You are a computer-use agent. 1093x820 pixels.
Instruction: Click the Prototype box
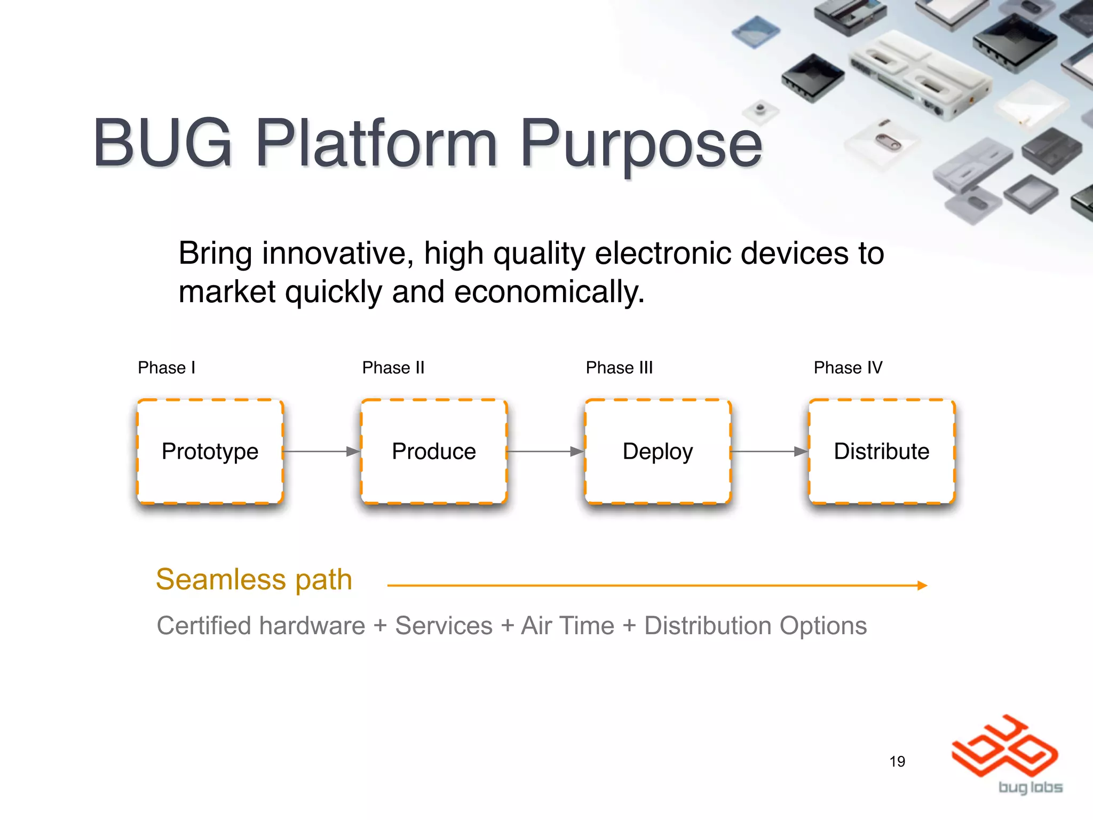(x=210, y=452)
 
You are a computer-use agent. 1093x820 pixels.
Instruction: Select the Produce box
(x=433, y=452)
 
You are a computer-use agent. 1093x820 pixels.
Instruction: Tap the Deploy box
(x=658, y=452)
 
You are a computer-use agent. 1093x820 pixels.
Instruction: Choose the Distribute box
(x=881, y=452)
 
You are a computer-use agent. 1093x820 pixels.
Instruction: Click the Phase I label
(x=167, y=368)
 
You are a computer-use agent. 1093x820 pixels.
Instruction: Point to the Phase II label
(x=393, y=368)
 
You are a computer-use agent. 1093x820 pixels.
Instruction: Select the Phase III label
(x=619, y=368)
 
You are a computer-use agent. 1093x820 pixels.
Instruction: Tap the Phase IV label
(x=848, y=368)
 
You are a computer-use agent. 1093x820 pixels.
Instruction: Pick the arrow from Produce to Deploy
(x=545, y=452)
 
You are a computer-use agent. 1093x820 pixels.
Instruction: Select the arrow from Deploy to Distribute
(x=769, y=452)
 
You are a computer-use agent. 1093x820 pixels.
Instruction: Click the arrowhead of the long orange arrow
(x=922, y=586)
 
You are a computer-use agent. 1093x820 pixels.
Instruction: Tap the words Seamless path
(x=254, y=580)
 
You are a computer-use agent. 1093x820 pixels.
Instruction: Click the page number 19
(x=897, y=761)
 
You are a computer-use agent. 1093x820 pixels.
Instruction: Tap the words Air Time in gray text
(x=567, y=626)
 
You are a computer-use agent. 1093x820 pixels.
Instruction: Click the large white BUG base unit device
(x=918, y=75)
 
